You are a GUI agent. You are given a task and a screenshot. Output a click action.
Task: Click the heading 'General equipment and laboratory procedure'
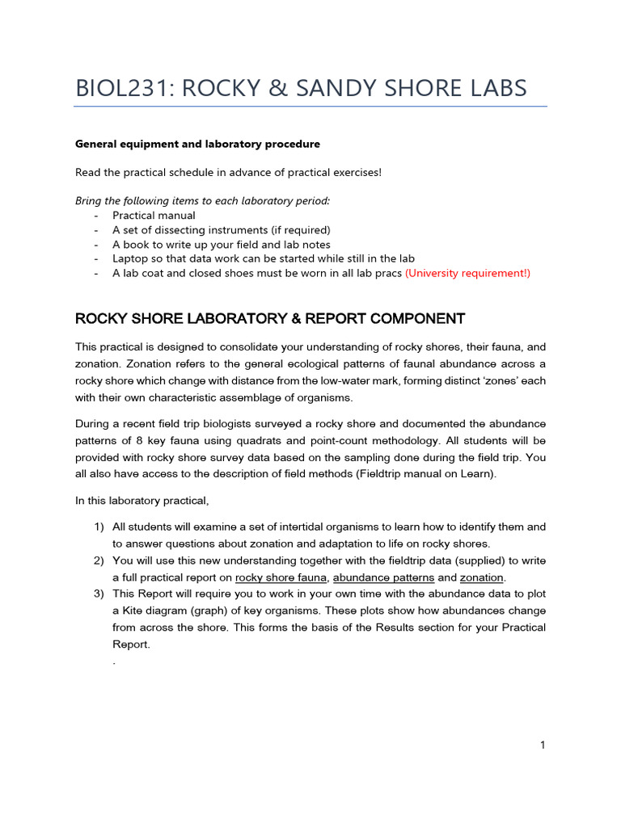[x=197, y=144]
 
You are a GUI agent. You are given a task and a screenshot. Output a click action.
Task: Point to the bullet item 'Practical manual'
[x=154, y=216]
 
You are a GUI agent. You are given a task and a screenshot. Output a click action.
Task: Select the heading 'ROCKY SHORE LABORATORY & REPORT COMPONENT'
[x=270, y=318]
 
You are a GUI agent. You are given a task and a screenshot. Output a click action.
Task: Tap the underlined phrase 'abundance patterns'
[x=383, y=577]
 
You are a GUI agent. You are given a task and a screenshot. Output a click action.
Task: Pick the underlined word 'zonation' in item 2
[x=481, y=577]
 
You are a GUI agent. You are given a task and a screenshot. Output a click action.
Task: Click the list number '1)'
[x=99, y=527]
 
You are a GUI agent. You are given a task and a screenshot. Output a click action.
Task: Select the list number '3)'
[x=99, y=594]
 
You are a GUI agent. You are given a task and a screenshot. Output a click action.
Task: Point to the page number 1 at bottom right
[x=543, y=745]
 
